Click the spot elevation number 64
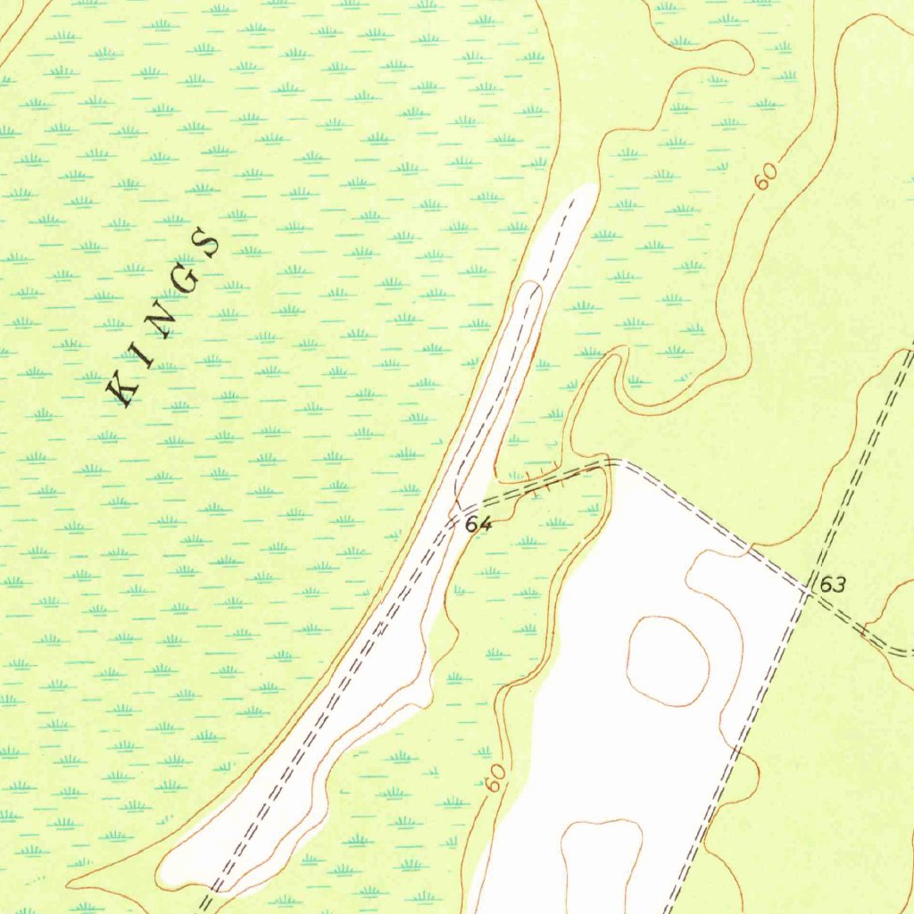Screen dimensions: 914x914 (478, 525)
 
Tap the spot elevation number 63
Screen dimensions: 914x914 (832, 586)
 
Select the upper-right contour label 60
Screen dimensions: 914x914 (764, 176)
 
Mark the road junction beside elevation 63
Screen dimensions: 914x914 (807, 590)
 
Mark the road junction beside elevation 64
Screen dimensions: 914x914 (453, 518)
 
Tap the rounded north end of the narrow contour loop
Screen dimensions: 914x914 (532, 286)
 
